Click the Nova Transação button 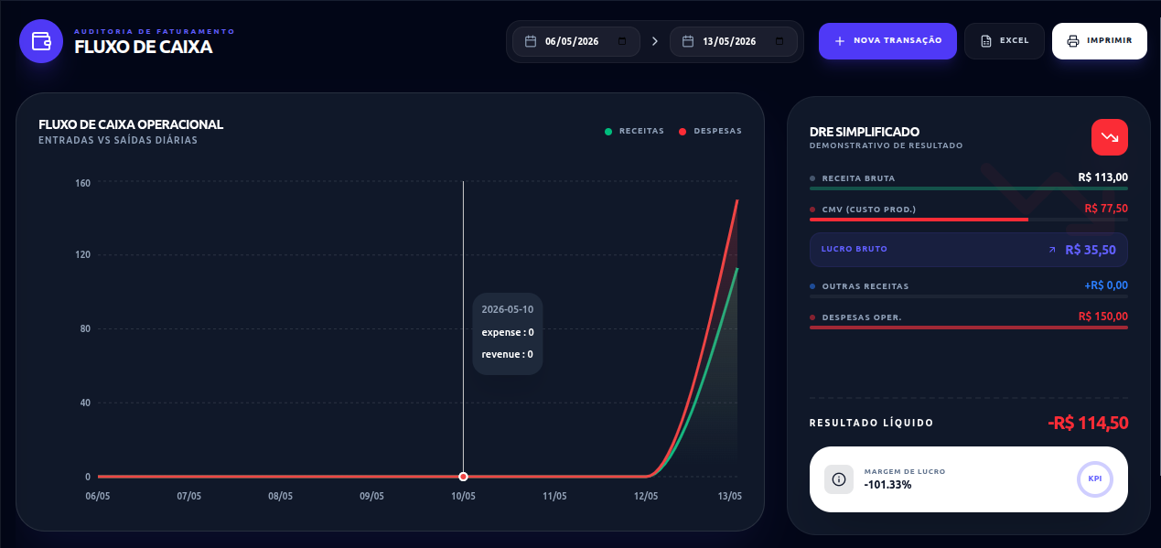pyautogui.click(x=887, y=41)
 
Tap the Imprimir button pyautogui.click(x=1100, y=41)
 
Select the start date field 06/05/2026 pyautogui.click(x=575, y=41)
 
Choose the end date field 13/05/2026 pyautogui.click(x=734, y=41)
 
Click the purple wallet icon pyautogui.click(x=41, y=41)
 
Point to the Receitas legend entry pyautogui.click(x=634, y=131)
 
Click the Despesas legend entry pyautogui.click(x=710, y=131)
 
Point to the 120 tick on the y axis pyautogui.click(x=82, y=254)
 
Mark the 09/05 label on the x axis pyautogui.click(x=371, y=496)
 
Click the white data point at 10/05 pyautogui.click(x=463, y=477)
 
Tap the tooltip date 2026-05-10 pyautogui.click(x=508, y=309)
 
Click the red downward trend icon pyautogui.click(x=1110, y=137)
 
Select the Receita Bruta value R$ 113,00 pyautogui.click(x=1103, y=177)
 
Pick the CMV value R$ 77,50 pyautogui.click(x=1106, y=209)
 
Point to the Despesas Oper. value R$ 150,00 pyautogui.click(x=1103, y=317)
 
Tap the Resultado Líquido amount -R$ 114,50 pyautogui.click(x=1088, y=423)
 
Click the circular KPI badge pyautogui.click(x=1094, y=479)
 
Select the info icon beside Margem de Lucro pyautogui.click(x=839, y=479)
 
